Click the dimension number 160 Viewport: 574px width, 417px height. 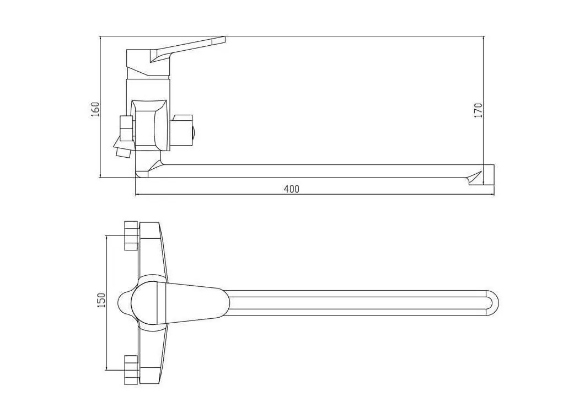click(95, 109)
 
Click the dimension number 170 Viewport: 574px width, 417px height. click(478, 110)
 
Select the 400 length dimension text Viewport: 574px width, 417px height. click(291, 189)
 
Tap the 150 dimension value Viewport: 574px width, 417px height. click(101, 301)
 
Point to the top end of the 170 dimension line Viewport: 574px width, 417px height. click(483, 38)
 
